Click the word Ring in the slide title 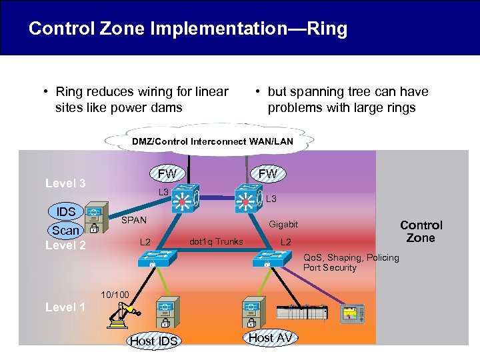pos(323,29)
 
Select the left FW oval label pos(167,174)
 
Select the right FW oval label pos(267,174)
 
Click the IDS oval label pos(66,211)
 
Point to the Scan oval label pos(66,230)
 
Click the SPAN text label pos(133,220)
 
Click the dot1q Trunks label pos(217,241)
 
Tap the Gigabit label pos(283,225)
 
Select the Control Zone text pos(421,231)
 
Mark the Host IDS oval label pos(153,341)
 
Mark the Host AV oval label pos(270,338)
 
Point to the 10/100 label pos(110,294)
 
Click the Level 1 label pos(65,307)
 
